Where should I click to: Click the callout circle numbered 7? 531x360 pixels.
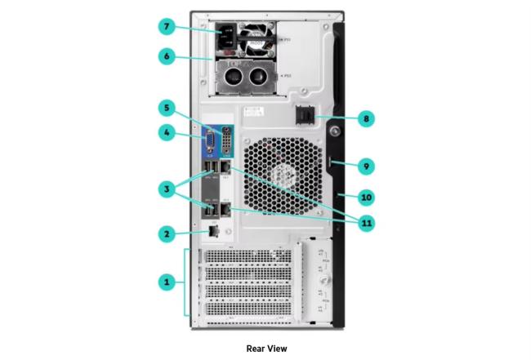coord(167,27)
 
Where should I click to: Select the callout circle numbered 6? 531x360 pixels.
coord(167,56)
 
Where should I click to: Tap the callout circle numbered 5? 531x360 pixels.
coord(167,107)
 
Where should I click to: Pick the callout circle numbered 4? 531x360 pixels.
coord(167,132)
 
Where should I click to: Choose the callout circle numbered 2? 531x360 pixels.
coord(167,233)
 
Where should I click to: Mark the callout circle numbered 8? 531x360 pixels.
coord(365,118)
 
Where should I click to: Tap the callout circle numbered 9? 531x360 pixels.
coord(365,166)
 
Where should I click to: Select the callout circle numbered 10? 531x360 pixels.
coord(365,197)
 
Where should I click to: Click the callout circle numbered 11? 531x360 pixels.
coord(365,220)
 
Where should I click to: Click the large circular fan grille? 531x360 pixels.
coord(278,174)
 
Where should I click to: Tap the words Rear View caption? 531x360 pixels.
coord(265,348)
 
